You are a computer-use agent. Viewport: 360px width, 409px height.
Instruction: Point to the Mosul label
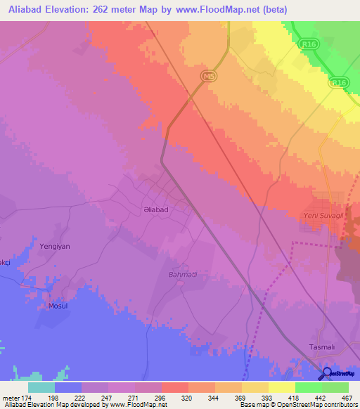(x=58, y=306)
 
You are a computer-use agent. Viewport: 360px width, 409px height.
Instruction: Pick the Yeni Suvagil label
(x=328, y=216)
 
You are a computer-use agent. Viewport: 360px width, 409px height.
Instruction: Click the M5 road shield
(x=206, y=76)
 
